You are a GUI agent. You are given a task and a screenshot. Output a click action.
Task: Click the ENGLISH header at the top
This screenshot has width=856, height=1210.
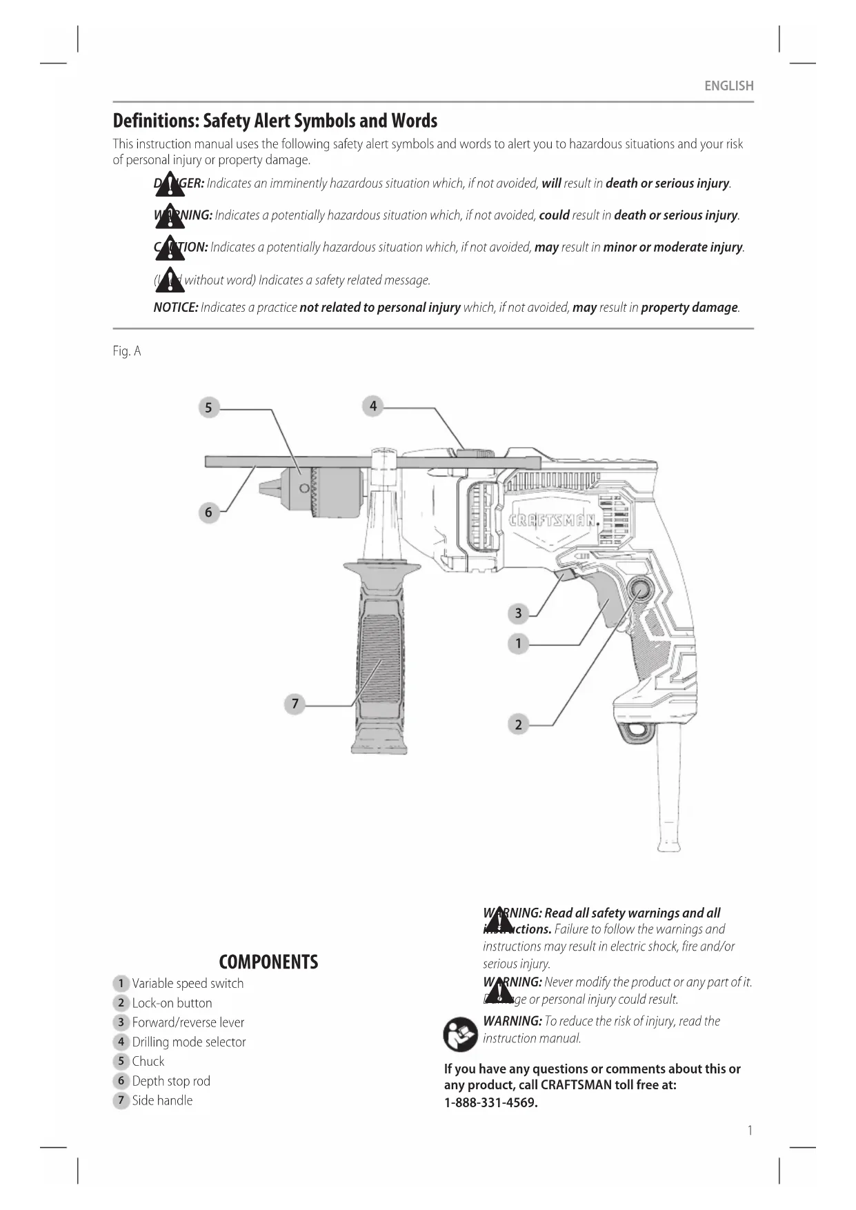tap(728, 86)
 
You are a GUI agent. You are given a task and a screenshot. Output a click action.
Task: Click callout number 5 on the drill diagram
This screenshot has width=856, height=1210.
tap(208, 407)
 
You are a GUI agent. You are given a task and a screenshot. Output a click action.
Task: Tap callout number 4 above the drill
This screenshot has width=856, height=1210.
tap(372, 406)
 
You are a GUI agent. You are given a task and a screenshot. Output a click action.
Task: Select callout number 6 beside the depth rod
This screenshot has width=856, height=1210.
tap(208, 513)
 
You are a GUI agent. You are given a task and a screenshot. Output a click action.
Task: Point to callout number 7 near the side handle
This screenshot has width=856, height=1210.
tap(295, 704)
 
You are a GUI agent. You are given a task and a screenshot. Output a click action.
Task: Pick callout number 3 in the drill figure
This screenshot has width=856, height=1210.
tap(518, 613)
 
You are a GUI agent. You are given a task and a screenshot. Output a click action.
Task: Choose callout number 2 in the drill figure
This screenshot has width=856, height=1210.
tap(518, 724)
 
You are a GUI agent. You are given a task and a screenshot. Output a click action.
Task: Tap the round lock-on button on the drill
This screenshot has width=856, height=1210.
tap(639, 589)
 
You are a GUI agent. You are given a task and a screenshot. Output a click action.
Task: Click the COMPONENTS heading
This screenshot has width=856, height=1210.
tap(268, 962)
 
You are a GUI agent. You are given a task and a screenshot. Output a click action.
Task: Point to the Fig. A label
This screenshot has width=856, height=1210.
tap(127, 351)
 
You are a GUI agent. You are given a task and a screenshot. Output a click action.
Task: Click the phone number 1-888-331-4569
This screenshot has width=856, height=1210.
tap(490, 1102)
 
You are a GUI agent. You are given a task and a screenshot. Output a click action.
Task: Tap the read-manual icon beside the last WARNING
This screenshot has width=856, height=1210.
tap(460, 1033)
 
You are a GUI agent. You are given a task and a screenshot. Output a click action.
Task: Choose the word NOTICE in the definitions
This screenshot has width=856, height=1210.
tap(175, 308)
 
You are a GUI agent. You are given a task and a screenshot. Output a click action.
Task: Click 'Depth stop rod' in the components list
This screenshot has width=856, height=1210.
tap(171, 1081)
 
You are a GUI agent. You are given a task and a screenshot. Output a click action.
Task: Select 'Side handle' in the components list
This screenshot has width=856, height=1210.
tap(162, 1100)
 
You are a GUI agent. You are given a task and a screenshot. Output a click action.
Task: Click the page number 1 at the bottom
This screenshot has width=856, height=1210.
tap(750, 1130)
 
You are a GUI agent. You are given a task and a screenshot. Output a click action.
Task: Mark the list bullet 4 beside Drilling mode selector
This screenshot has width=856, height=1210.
tap(121, 1042)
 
